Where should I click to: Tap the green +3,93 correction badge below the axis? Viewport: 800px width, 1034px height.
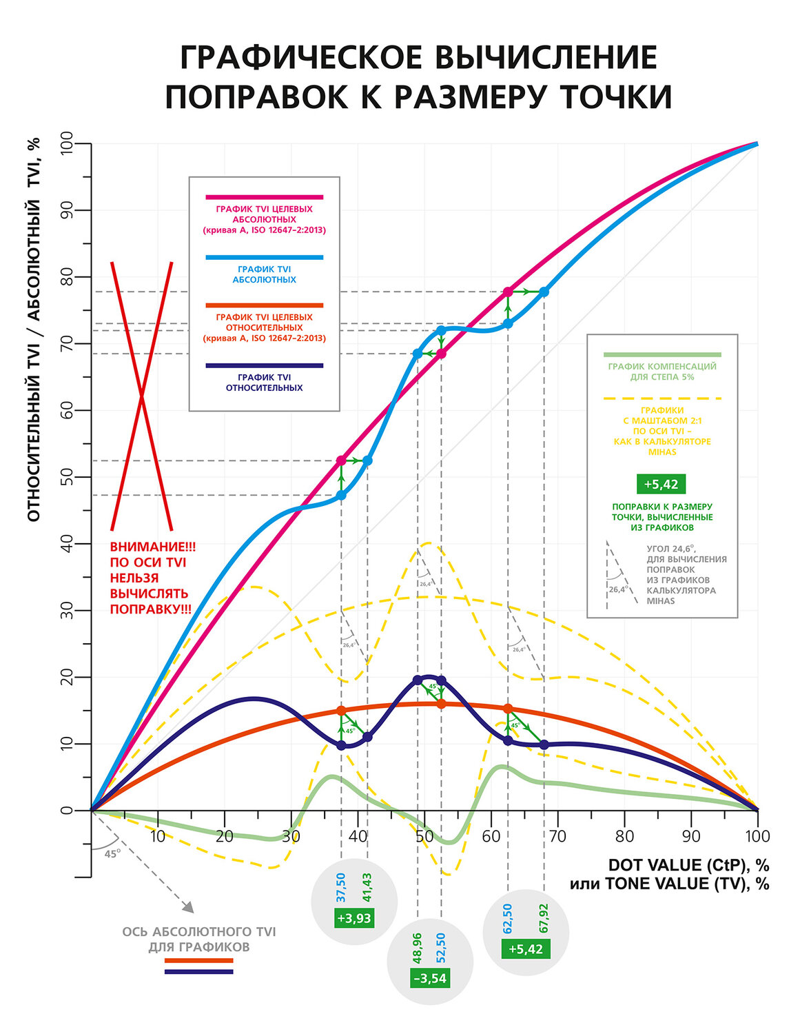354,918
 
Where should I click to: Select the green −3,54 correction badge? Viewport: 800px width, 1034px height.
430,978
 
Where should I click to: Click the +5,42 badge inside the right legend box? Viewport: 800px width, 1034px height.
661,484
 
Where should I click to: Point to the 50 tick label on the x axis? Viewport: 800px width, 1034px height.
424,836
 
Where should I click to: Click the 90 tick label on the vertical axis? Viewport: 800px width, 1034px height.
67,210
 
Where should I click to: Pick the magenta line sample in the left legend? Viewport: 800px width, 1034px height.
264,197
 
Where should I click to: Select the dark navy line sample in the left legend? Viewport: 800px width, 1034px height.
264,365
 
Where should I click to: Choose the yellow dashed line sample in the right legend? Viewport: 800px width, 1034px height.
661,398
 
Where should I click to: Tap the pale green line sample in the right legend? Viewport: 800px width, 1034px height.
661,354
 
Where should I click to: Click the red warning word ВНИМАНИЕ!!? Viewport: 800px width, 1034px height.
153,547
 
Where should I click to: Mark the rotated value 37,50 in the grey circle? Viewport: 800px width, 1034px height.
341,887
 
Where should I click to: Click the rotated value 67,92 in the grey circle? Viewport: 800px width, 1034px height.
544,918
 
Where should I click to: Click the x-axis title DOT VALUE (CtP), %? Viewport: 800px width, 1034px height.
688,865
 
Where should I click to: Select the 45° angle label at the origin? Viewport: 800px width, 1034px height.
112,853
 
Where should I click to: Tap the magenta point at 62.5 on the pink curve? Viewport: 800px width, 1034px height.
508,292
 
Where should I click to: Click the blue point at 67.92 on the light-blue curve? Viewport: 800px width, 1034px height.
544,292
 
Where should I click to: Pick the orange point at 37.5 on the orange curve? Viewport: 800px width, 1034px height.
341,711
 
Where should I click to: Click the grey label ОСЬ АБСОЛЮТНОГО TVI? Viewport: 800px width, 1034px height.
199,932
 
